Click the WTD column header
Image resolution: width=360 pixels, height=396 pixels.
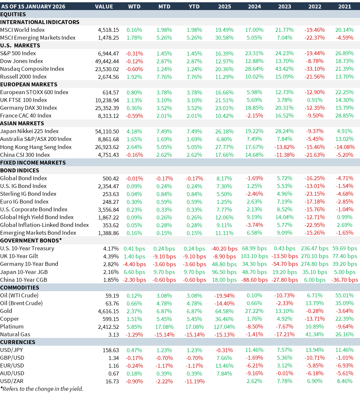coord(134,6)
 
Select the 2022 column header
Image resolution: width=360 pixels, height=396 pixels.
coord(315,6)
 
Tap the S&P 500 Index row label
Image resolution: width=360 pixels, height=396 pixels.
coord(18,53)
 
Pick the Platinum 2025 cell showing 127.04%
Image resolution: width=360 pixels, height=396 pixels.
coord(224,327)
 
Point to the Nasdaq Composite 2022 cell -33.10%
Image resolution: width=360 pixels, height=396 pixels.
coord(315,69)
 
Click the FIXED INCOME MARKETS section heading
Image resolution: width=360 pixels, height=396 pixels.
coord(33,163)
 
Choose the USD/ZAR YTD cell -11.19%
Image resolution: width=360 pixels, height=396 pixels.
coord(194,381)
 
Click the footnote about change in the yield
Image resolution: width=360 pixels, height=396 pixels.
coord(42,389)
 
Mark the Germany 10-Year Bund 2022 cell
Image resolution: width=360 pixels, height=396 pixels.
coord(315,264)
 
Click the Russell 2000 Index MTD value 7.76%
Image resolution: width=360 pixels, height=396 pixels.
coord(164,77)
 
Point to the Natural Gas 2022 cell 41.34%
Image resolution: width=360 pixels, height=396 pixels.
coord(315,335)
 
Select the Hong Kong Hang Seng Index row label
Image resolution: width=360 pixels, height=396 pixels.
coord(36,147)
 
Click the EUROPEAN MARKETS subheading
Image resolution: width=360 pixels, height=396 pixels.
coord(29,84)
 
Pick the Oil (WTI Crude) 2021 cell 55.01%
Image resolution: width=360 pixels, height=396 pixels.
coord(344,296)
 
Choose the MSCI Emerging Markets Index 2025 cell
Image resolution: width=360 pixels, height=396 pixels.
coord(224,38)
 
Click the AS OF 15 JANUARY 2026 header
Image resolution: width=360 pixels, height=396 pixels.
coord(33,6)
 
